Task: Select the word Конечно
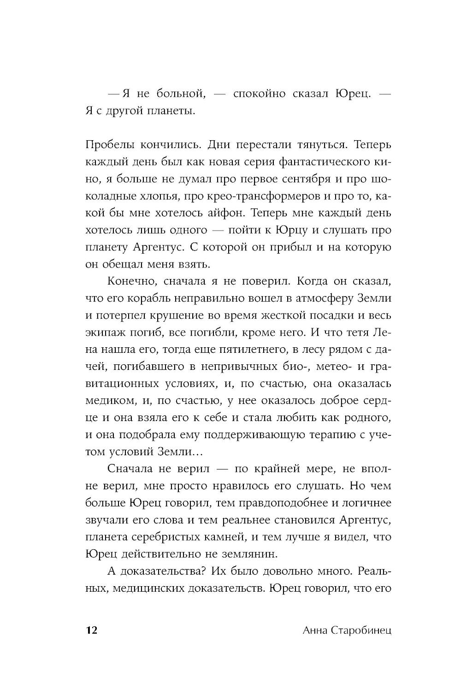pos(127,281)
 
